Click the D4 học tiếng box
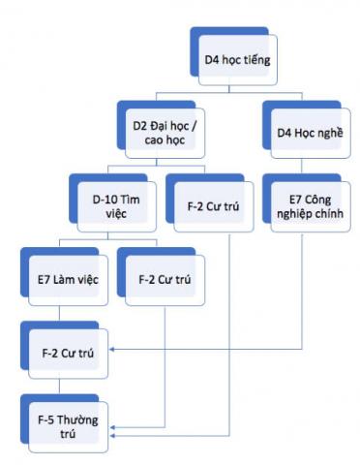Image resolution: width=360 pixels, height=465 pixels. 238,60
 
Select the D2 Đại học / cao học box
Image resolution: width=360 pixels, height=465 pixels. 165,133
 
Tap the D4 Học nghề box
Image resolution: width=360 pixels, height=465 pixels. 311,133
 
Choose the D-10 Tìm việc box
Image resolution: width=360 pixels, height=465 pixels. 116,206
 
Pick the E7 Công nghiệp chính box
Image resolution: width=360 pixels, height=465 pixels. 311,206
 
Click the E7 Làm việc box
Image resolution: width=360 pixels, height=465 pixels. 68,280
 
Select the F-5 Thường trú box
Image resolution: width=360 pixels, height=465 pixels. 68,427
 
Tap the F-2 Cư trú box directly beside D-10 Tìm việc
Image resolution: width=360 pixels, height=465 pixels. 214,206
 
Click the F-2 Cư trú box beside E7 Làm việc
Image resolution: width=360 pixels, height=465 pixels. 165,280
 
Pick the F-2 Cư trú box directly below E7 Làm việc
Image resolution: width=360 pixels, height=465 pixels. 68,354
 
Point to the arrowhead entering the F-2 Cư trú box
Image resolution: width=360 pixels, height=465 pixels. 111,349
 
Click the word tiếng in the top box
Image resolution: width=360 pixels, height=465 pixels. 257,60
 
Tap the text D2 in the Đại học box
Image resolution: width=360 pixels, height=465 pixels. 139,126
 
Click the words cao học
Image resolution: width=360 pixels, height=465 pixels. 165,140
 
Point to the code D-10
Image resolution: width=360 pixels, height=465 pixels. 105,200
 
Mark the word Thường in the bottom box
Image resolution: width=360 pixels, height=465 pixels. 77,420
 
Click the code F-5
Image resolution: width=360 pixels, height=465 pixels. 46,420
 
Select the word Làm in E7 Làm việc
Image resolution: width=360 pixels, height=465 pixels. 63,279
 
